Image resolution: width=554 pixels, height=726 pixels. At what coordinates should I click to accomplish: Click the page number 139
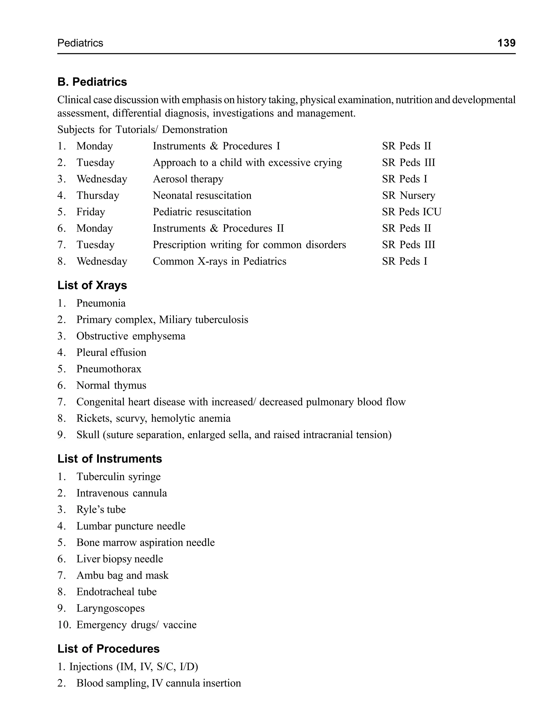pyautogui.click(x=506, y=43)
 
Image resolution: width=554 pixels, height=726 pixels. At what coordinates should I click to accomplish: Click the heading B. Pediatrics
pyautogui.click(x=92, y=82)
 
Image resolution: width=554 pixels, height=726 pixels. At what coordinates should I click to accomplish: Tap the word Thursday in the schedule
pyautogui.click(x=98, y=196)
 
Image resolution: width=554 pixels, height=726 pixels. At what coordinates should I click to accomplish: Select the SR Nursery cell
pyautogui.click(x=408, y=196)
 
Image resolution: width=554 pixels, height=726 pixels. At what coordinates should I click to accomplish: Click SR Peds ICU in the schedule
pyautogui.click(x=411, y=212)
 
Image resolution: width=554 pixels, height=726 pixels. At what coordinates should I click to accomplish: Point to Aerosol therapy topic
pyautogui.click(x=188, y=179)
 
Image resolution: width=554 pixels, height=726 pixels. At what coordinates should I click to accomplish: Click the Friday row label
pyautogui.click(x=91, y=212)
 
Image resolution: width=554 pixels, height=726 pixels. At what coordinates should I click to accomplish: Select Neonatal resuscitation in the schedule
pyautogui.click(x=202, y=196)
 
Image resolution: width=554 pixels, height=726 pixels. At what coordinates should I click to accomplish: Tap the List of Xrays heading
pyautogui.click(x=92, y=285)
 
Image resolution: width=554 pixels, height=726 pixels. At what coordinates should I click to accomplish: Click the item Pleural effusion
pyautogui.click(x=111, y=352)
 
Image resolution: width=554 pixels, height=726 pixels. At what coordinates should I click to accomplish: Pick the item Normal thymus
pyautogui.click(x=111, y=385)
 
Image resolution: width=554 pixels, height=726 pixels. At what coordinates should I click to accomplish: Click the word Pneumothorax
pyautogui.click(x=109, y=369)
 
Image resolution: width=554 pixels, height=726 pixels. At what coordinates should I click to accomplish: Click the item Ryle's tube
pyautogui.click(x=101, y=509)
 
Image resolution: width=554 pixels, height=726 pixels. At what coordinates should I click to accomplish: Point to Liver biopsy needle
pyautogui.click(x=120, y=559)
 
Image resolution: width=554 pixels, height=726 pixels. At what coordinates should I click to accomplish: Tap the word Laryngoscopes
pyautogui.click(x=110, y=608)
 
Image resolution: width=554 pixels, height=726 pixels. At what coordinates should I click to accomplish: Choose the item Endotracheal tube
pyautogui.click(x=116, y=592)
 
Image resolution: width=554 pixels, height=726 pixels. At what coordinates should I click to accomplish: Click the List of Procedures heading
pyautogui.click(x=108, y=649)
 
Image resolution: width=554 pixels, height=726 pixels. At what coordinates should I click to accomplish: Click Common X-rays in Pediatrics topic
pyautogui.click(x=219, y=262)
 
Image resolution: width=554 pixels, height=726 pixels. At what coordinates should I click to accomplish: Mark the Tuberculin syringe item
pyautogui.click(x=118, y=477)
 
